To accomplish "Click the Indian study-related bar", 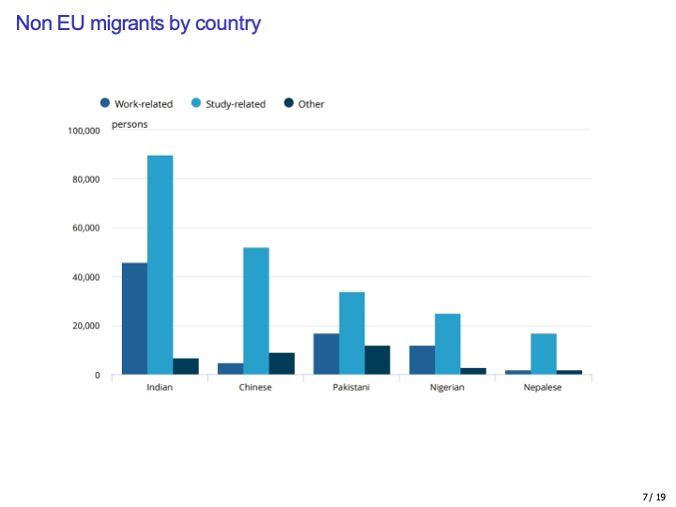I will click(x=160, y=265).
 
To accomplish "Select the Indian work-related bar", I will click(x=134, y=318).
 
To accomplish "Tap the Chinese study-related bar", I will click(x=255, y=311).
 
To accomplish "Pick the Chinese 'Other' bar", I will click(x=282, y=363).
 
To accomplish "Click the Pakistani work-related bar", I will click(x=326, y=354).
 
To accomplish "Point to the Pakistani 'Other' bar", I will click(x=376, y=360).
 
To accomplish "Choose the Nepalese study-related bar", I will click(x=543, y=354).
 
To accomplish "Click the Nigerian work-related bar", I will click(x=422, y=360).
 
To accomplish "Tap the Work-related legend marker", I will click(x=105, y=103).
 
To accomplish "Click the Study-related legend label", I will click(x=236, y=104).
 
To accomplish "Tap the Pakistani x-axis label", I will click(x=351, y=388).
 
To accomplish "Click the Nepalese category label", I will click(x=543, y=388).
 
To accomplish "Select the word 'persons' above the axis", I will click(x=130, y=124).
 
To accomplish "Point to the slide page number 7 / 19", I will click(x=653, y=497).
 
